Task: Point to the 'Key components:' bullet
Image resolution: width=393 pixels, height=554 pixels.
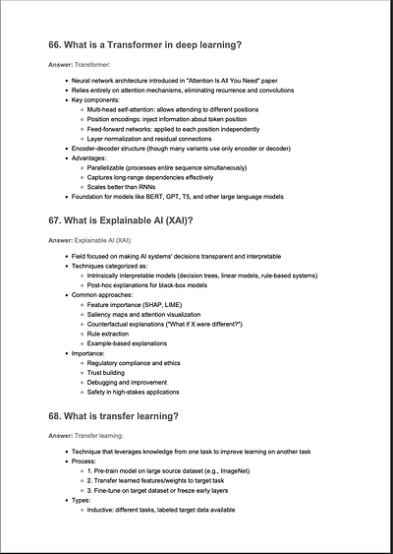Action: point(96,99)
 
